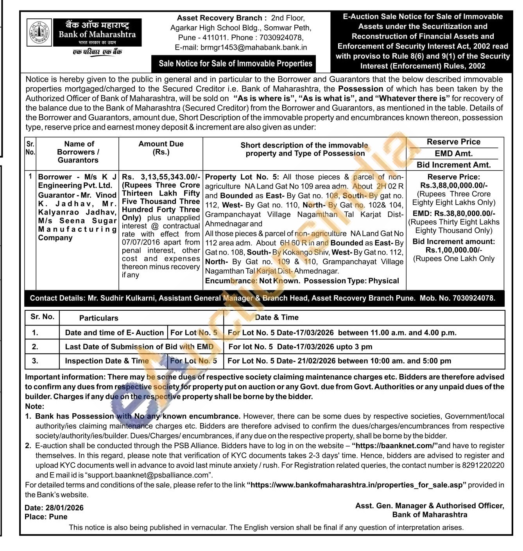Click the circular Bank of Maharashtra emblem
39,32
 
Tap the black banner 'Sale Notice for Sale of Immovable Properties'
235,63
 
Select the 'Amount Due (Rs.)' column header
161,148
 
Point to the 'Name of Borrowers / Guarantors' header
78,152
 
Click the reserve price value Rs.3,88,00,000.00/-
454,185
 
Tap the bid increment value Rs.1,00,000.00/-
454,250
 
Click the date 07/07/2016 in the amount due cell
140,242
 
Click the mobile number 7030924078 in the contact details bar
474,298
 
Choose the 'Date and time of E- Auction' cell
114,333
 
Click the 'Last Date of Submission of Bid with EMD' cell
139,347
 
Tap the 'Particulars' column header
99,318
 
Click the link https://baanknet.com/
395,446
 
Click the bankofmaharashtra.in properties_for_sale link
356,485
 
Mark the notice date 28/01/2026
64,508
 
